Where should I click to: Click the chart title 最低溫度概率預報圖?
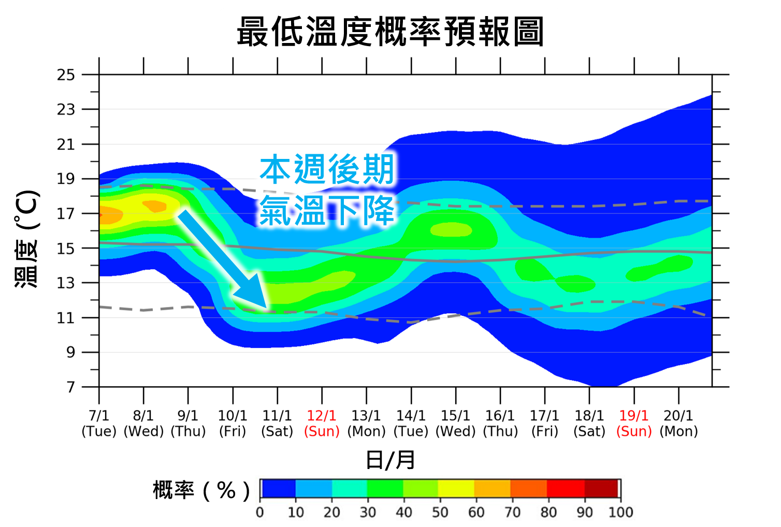point(390,32)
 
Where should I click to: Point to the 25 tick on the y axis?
point(66,75)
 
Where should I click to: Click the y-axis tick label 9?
point(70,353)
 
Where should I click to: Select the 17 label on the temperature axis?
point(66,214)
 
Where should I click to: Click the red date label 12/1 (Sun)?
point(322,423)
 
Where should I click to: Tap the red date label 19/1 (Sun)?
point(634,423)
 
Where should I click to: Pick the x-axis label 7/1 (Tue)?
point(99,423)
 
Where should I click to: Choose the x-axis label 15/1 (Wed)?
point(456,423)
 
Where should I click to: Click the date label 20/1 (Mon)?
point(678,423)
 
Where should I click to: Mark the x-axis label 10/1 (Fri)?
point(233,423)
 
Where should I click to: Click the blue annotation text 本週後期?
point(327,170)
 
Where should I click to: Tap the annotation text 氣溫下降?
point(327,210)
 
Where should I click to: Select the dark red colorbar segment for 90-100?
point(601,488)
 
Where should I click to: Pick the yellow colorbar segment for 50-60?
point(456,488)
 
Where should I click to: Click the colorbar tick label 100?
point(620,513)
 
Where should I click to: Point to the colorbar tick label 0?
point(260,513)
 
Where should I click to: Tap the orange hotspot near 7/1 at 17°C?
point(109,215)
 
